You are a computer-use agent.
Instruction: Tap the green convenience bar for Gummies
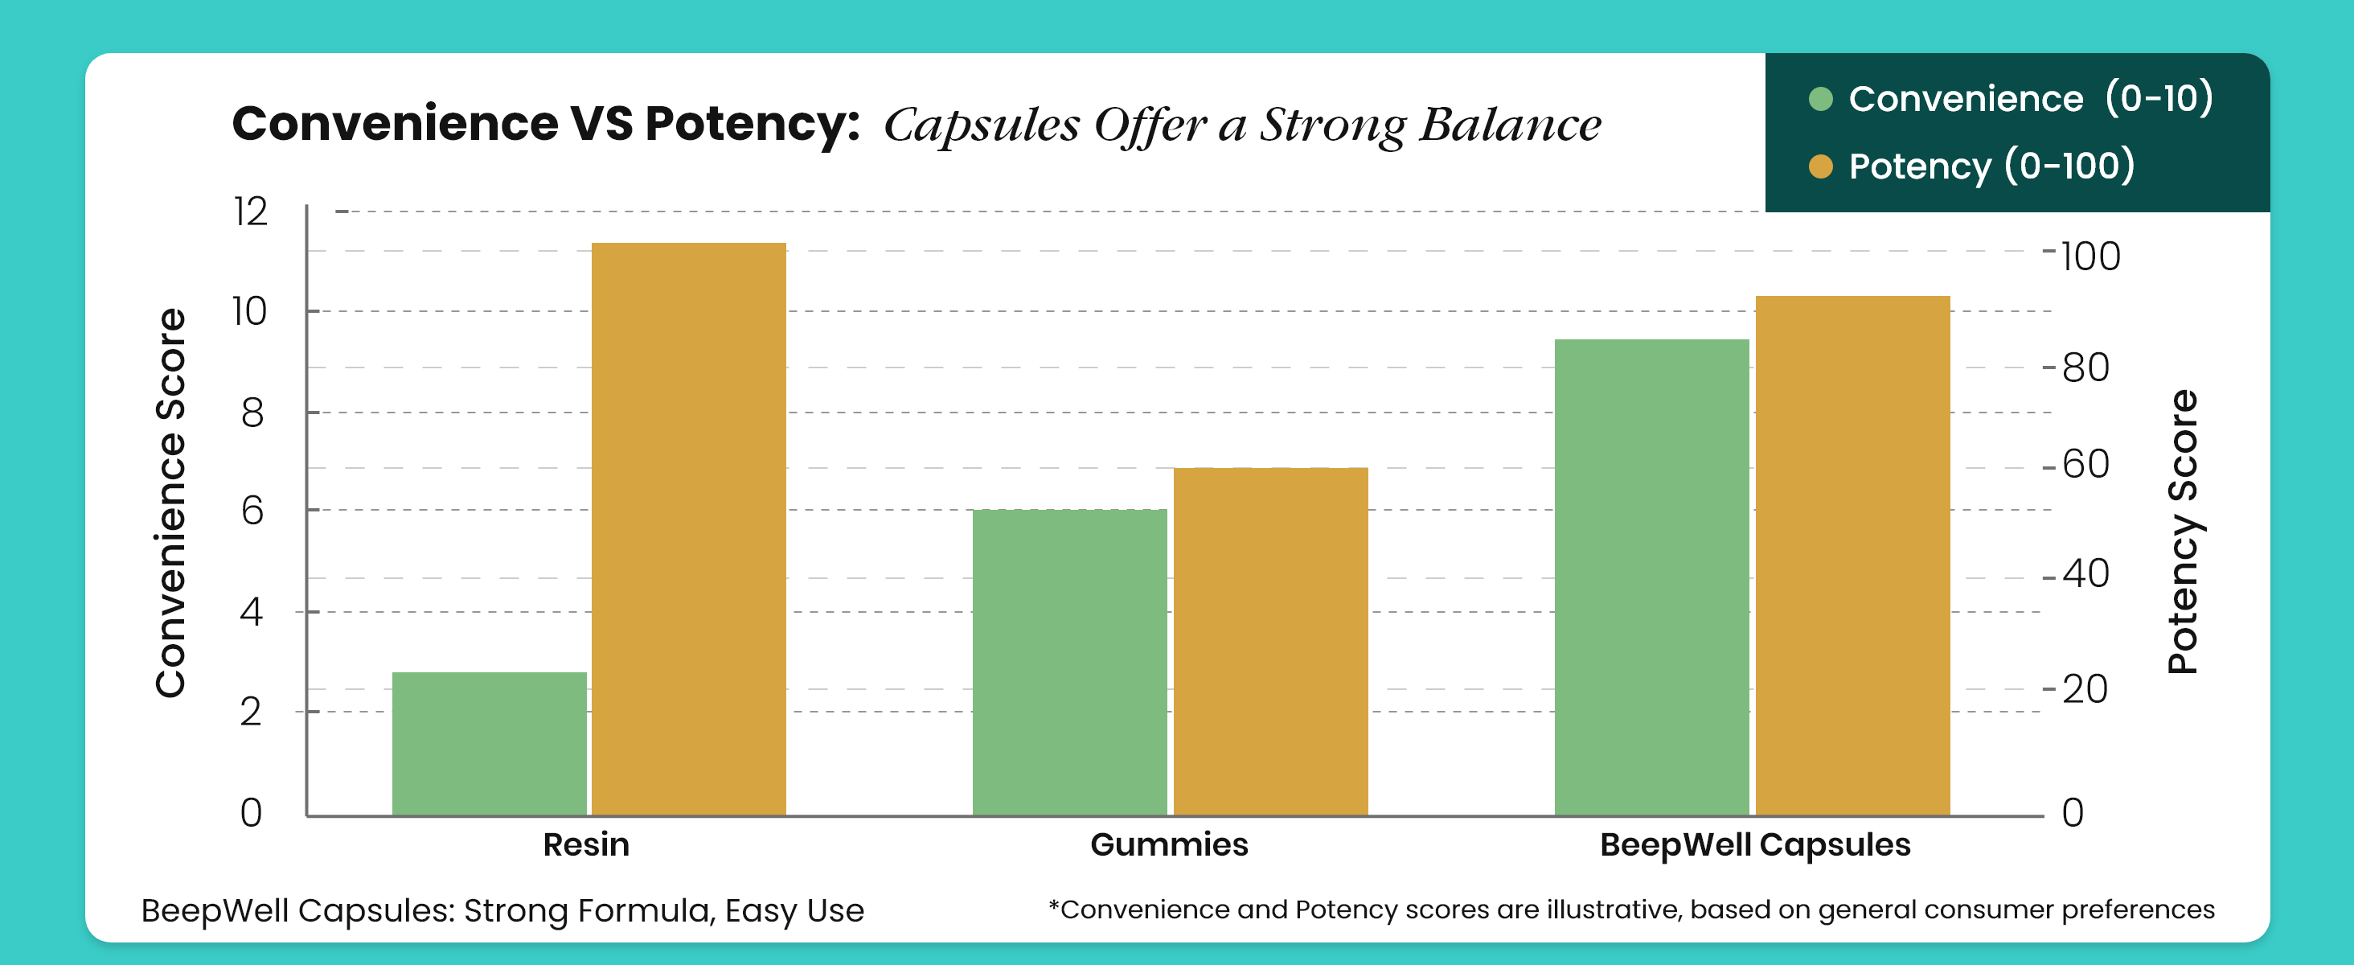1069,662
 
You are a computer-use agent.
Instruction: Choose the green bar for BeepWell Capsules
1651,577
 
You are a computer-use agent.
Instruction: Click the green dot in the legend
1820,99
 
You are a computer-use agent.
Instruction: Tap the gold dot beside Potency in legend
1820,166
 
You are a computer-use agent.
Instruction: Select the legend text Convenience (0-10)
2031,98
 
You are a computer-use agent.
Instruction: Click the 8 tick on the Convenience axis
252,413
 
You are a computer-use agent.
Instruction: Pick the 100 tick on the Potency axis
2090,256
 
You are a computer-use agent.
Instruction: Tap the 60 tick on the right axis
2085,464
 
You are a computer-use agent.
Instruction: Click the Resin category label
586,844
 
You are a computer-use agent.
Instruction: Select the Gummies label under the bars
1169,844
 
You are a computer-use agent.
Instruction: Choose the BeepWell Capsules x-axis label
1754,844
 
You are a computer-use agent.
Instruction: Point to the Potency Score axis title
2182,532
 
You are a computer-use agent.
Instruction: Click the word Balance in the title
1510,125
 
